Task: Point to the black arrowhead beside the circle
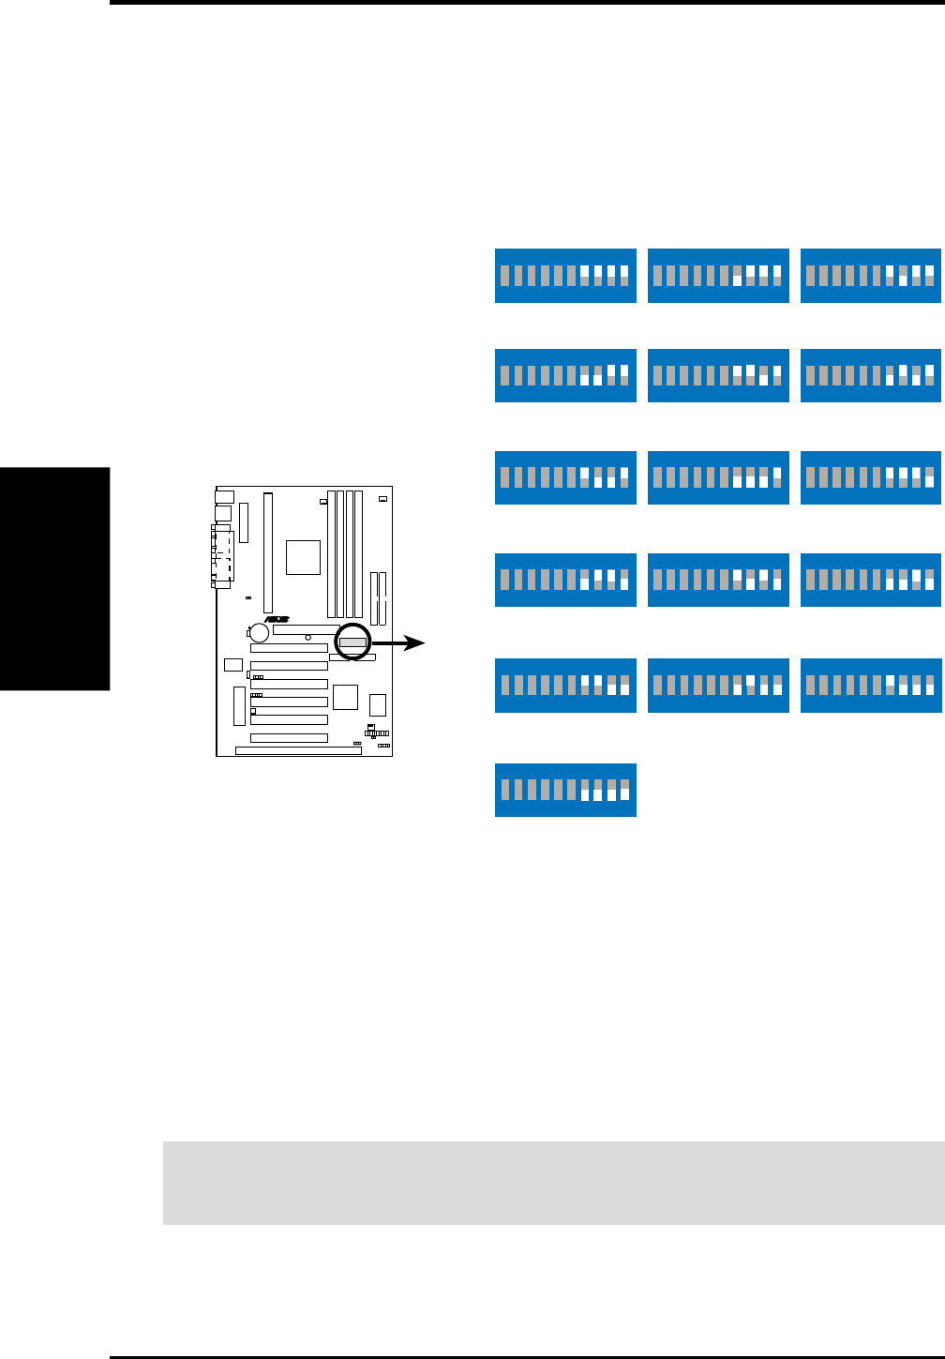(417, 643)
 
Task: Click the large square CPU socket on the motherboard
(304, 557)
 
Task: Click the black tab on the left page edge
(54, 579)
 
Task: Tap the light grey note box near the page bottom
(553, 1183)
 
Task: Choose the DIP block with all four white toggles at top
(565, 276)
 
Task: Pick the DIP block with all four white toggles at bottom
(565, 790)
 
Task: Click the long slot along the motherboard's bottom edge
(298, 750)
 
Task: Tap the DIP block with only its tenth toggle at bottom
(870, 477)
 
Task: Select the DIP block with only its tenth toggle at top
(718, 477)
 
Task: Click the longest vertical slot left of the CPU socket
(268, 552)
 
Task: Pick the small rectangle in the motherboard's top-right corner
(382, 499)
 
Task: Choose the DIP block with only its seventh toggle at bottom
(718, 276)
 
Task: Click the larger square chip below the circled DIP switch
(345, 697)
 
